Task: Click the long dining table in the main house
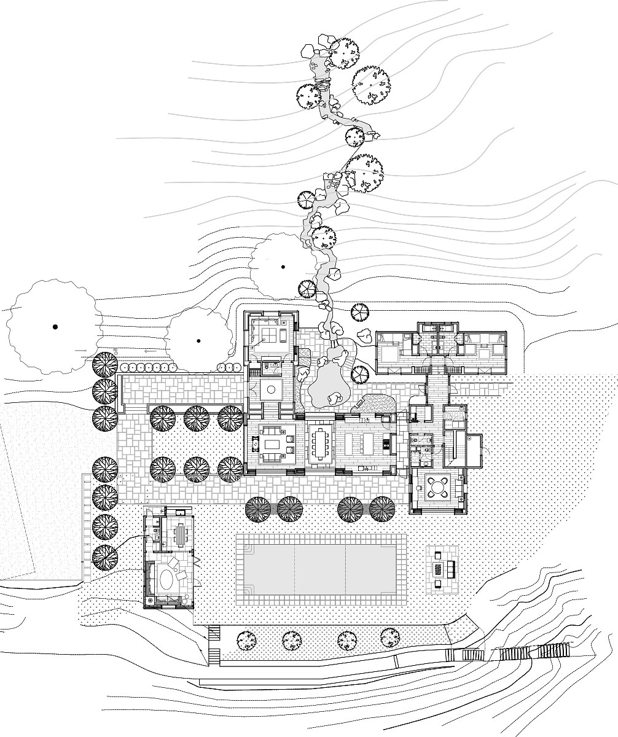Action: tap(319, 442)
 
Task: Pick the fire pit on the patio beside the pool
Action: tap(439, 568)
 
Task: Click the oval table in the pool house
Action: tap(167, 580)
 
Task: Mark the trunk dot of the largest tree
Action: tap(55, 327)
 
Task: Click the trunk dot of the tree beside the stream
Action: tap(283, 267)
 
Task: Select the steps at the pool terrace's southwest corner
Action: tap(213, 645)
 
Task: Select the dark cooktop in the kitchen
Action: tap(387, 442)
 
